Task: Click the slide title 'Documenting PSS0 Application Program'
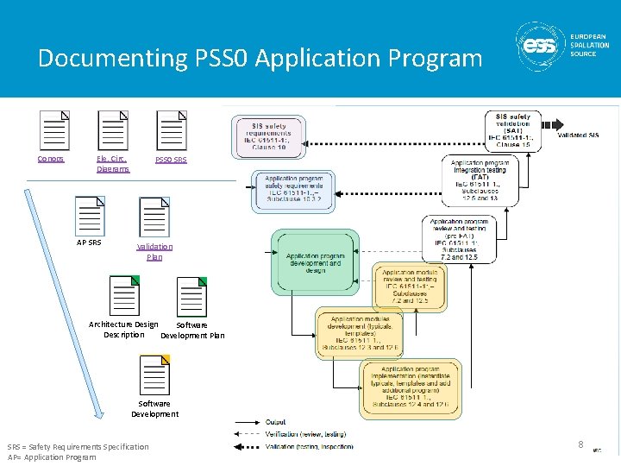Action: click(x=260, y=59)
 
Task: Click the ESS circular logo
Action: click(x=541, y=44)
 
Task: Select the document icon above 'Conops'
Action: click(x=54, y=130)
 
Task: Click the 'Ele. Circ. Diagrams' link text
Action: click(x=112, y=164)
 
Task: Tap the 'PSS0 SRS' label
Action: click(x=171, y=161)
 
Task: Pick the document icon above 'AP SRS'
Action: click(x=89, y=217)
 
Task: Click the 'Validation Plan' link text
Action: click(x=154, y=251)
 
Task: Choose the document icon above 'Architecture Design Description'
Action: click(x=123, y=296)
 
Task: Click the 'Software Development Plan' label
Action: click(x=192, y=330)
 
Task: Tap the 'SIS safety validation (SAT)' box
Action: click(x=513, y=131)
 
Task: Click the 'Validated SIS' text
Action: click(x=578, y=135)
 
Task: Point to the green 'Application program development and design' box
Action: click(x=315, y=261)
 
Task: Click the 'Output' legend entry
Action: click(x=277, y=422)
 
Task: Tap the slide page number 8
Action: click(x=580, y=444)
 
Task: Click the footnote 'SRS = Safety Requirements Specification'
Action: click(x=78, y=446)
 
